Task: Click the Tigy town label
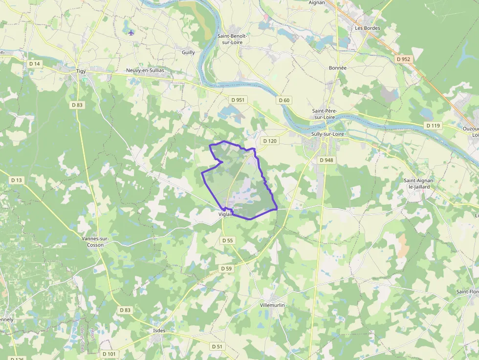click(81, 71)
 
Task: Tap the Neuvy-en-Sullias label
click(145, 70)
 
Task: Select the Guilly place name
click(188, 52)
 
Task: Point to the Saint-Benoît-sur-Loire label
click(233, 39)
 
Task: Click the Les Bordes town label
click(367, 28)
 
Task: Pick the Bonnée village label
click(338, 68)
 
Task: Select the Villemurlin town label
click(272, 305)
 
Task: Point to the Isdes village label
click(159, 331)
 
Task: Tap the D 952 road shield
click(404, 59)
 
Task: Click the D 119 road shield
click(433, 126)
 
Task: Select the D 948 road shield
click(326, 160)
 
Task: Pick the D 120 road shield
click(270, 141)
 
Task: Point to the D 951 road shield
click(238, 100)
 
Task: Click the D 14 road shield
click(34, 64)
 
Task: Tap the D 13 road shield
click(17, 180)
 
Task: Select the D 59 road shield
click(226, 269)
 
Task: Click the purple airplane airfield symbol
click(131, 33)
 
